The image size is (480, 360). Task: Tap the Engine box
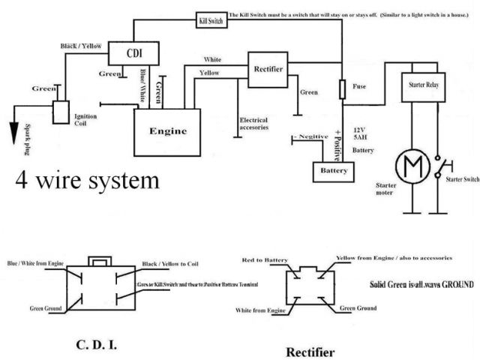tap(168, 130)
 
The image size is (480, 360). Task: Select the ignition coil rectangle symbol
tap(59, 112)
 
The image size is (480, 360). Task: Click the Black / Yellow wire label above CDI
tap(82, 46)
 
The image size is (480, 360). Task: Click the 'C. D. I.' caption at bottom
tap(96, 346)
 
